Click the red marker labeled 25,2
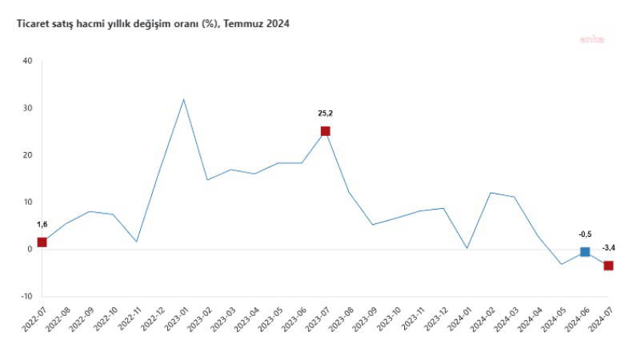pos(325,131)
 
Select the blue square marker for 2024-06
pos(585,252)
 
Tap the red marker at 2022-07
pos(42,242)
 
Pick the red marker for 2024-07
pos(608,266)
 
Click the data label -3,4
pos(608,249)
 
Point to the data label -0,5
pos(585,234)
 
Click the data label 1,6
pos(42,226)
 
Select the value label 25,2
pos(325,114)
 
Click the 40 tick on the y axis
pos(27,61)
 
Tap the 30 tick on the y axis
pos(27,108)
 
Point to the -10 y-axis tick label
pos(26,296)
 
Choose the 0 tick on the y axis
pos(30,249)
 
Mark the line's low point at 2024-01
pos(467,248)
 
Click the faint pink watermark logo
pos(593,38)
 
